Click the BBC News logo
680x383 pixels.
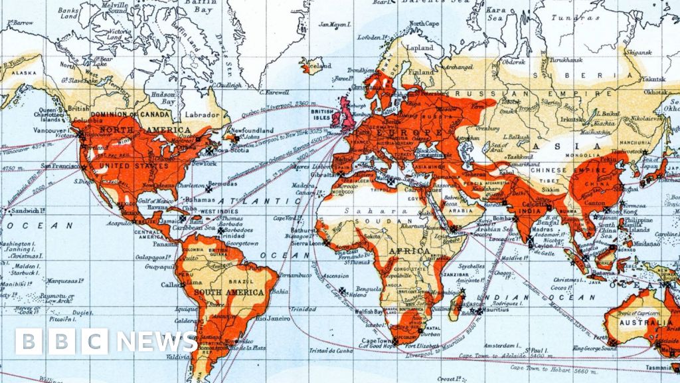point(106,341)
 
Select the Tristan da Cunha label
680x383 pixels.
point(331,350)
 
